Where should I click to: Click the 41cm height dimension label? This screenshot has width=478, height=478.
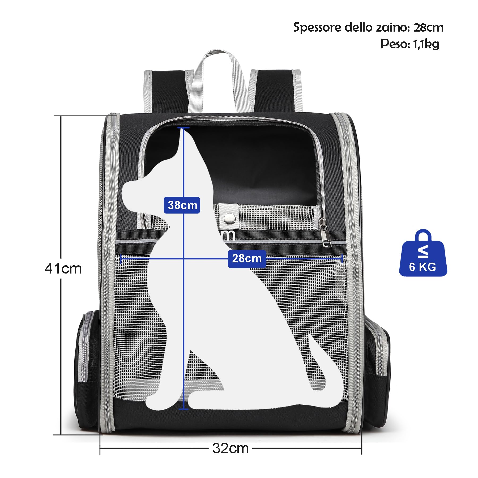point(63,268)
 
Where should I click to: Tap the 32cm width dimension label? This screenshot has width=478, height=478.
point(231,449)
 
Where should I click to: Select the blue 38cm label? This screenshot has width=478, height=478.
point(182,205)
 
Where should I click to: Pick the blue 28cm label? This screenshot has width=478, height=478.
point(247,258)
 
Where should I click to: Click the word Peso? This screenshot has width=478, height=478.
point(395,44)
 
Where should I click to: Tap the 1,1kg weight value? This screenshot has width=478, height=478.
point(426,44)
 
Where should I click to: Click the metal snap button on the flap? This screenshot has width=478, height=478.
point(229,218)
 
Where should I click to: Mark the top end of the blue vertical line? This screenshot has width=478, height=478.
point(183,128)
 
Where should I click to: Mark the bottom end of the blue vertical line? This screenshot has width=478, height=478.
point(183,409)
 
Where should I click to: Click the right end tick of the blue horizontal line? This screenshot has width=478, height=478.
point(342,258)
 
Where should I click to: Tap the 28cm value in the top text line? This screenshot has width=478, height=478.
point(428,27)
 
